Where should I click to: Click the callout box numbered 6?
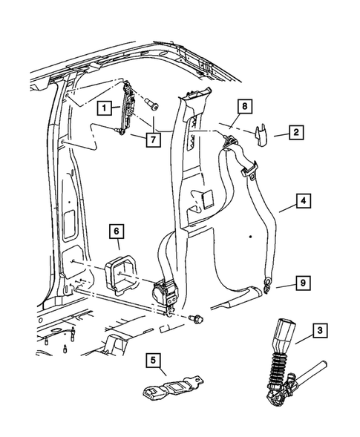pyautogui.click(x=117, y=232)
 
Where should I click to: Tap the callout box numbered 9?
pyautogui.click(x=303, y=282)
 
